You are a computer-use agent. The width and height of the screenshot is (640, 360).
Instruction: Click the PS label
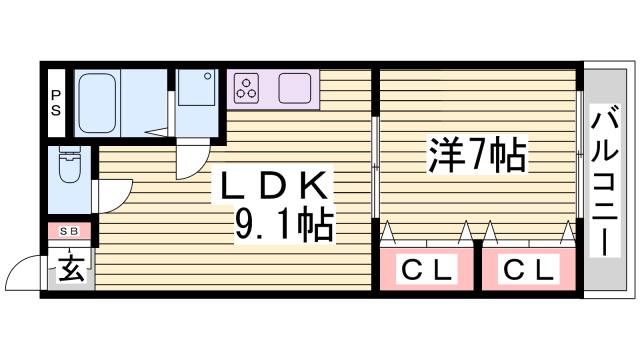(56, 104)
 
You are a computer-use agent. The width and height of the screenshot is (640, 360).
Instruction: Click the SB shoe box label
(69, 231)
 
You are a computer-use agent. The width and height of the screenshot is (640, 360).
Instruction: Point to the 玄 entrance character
(69, 267)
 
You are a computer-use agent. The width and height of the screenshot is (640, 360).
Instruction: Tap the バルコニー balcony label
(603, 180)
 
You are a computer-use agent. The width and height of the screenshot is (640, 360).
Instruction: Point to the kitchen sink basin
(296, 87)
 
